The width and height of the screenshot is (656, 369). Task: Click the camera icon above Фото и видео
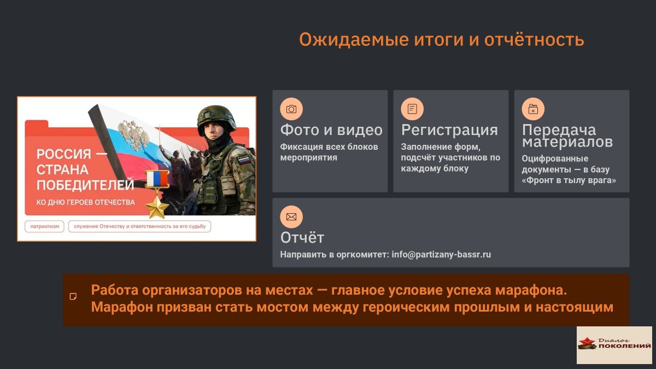(291, 109)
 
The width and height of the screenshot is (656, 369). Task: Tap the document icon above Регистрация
(412, 109)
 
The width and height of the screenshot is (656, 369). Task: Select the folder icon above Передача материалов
(533, 109)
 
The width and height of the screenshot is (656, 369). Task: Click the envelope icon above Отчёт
(291, 216)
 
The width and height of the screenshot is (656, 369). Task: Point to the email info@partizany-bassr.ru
(441, 255)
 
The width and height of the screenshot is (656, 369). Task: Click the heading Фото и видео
(331, 130)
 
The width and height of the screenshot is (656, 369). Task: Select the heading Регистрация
(449, 130)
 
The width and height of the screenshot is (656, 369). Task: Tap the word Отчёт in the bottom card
(302, 237)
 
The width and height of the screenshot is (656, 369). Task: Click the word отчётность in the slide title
(534, 39)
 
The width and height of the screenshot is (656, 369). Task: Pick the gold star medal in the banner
(157, 207)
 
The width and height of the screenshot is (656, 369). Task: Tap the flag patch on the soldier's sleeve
(244, 160)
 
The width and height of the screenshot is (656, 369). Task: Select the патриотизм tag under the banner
(44, 226)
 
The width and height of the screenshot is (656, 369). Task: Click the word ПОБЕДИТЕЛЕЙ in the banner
(85, 185)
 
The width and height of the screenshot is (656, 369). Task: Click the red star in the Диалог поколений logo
(587, 342)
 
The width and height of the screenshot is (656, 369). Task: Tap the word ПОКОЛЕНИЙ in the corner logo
(624, 346)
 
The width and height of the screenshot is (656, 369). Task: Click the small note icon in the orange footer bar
(73, 297)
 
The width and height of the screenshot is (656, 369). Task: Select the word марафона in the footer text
(531, 290)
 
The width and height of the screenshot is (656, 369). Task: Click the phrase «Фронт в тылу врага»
(569, 180)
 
